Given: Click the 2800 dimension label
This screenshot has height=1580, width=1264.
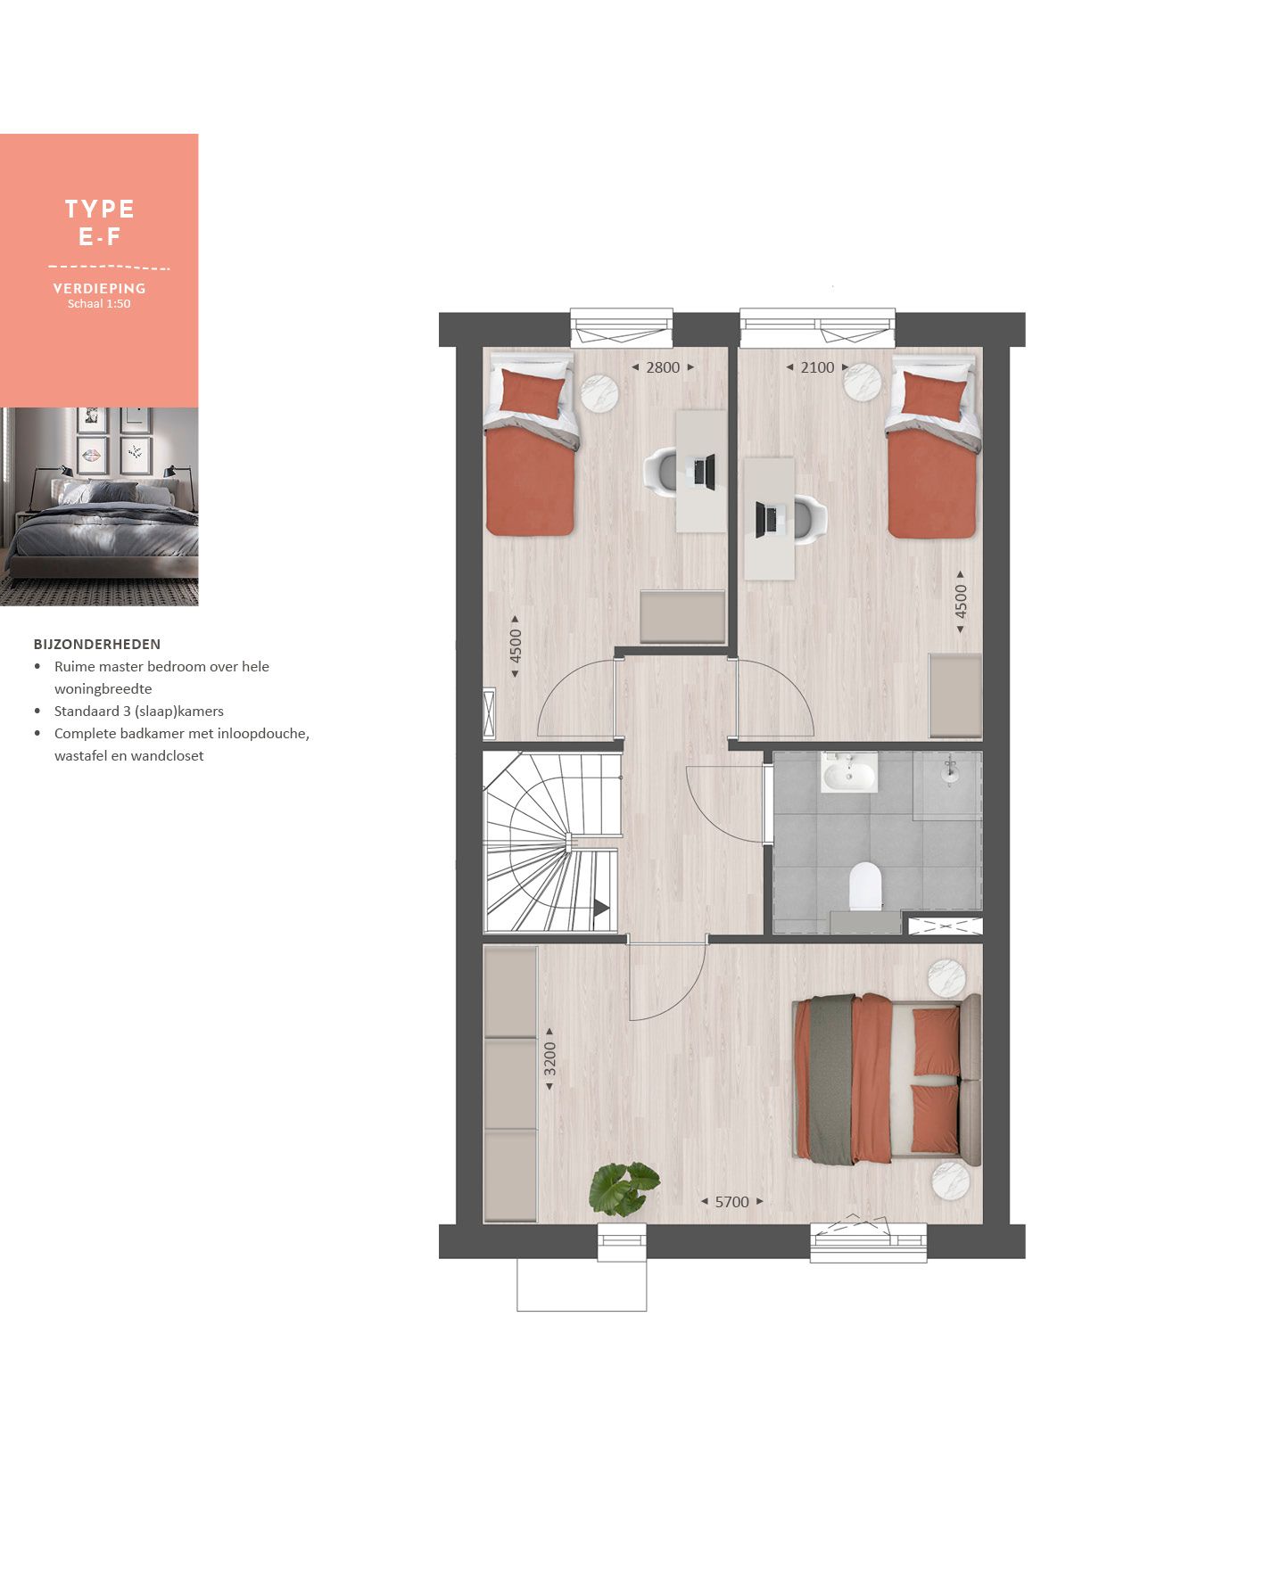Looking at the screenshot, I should (x=663, y=367).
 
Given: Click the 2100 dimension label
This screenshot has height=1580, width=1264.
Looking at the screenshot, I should (x=817, y=367).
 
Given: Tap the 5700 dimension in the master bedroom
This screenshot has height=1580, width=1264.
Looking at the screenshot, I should (x=732, y=1202).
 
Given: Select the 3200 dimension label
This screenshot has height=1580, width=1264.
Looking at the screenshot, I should (x=550, y=1058).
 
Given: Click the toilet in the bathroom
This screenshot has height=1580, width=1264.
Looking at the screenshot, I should (x=865, y=885).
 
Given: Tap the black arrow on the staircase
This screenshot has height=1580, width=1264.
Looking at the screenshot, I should (x=601, y=908).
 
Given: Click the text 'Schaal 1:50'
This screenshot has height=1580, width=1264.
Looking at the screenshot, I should (x=99, y=304).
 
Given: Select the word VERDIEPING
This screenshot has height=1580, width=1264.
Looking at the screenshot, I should (x=99, y=288).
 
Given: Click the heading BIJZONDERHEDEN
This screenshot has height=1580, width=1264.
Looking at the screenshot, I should (x=97, y=644).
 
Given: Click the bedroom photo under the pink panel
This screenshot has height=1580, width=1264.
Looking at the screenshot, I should (x=99, y=506).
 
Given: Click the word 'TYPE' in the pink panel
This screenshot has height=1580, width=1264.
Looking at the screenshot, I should (x=100, y=210).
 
